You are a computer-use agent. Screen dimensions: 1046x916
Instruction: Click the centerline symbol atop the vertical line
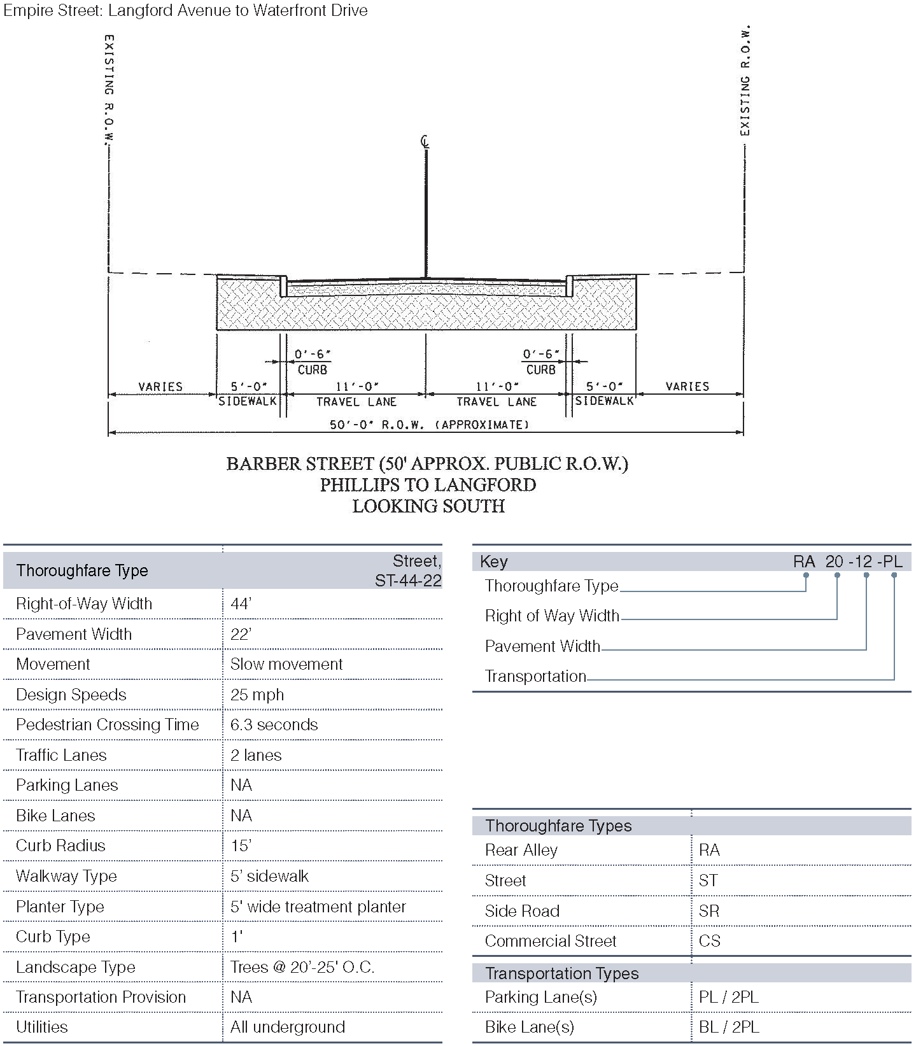425,141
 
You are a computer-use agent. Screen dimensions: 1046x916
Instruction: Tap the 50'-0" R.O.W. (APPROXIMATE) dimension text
429,425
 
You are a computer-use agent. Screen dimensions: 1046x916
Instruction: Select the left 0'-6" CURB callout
312,362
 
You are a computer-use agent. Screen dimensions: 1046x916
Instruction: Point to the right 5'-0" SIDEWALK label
604,393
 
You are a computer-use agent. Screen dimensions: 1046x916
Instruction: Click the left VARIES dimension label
160,386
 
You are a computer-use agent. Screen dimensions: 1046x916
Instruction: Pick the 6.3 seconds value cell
274,724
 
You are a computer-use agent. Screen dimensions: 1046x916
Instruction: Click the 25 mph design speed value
257,695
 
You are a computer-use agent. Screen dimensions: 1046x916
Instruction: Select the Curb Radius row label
60,845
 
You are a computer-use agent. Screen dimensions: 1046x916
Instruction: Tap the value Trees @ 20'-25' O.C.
302,967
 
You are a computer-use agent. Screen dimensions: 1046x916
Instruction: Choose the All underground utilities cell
288,1027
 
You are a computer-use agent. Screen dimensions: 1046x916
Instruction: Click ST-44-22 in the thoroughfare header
408,580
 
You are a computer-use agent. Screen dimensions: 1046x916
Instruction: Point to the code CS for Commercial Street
709,941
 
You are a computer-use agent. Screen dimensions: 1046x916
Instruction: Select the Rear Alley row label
521,850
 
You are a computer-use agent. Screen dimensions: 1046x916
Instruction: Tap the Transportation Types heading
561,973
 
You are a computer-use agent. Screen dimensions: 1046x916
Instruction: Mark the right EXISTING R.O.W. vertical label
745,81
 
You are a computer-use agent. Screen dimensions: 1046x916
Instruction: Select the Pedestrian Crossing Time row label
107,724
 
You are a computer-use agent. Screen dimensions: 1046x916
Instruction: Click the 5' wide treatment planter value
318,907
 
